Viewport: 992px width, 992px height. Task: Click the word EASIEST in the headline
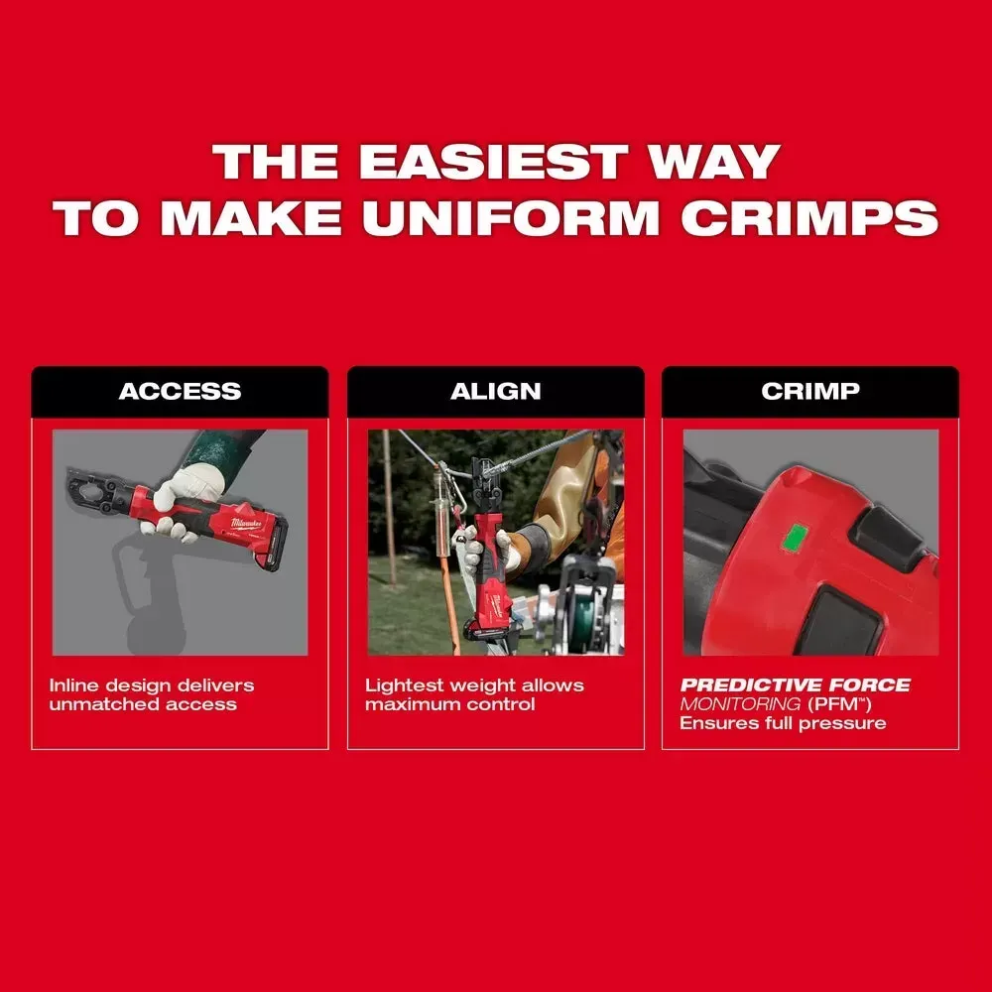point(493,162)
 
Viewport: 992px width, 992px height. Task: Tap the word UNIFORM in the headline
point(511,217)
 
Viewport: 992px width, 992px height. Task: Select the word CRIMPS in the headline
point(809,217)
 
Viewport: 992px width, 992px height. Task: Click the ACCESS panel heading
point(180,391)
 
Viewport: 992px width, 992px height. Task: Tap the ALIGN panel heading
point(495,391)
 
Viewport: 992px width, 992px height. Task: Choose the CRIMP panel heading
point(810,391)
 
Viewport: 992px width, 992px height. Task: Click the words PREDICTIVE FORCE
point(796,685)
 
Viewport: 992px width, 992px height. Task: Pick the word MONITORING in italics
point(740,704)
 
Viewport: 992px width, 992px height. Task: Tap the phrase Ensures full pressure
point(783,723)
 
